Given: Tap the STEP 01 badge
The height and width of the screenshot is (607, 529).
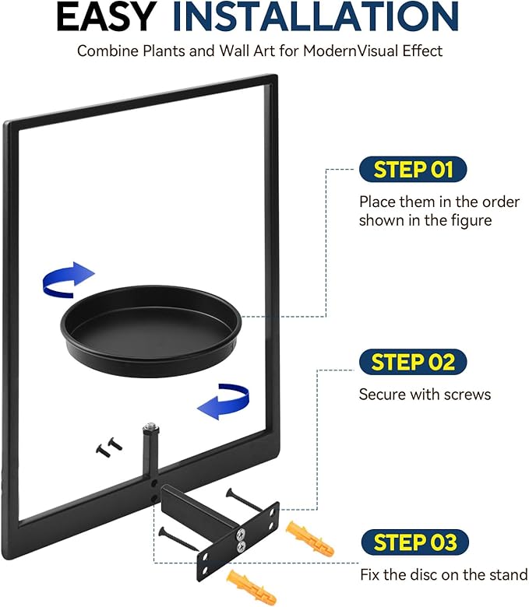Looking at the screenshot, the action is [x=413, y=169].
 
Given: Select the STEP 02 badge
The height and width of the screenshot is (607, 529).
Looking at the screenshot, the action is [x=413, y=362].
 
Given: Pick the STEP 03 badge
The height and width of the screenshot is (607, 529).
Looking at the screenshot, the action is [x=414, y=542].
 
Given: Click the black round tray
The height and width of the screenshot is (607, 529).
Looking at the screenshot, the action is [x=151, y=331].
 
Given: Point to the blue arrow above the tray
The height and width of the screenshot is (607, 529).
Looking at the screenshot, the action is [x=68, y=279].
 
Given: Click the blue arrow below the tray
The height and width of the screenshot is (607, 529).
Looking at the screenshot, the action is [x=224, y=402].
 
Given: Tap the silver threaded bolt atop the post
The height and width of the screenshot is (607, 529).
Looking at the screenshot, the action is [x=151, y=429].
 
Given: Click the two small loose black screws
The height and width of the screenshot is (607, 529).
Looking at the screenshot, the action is [x=109, y=447].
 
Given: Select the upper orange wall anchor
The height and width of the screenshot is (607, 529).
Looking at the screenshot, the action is [x=309, y=537].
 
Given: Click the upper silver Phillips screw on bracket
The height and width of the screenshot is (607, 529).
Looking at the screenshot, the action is [x=241, y=535].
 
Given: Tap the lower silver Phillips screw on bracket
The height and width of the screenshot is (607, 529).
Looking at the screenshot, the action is [x=241, y=546].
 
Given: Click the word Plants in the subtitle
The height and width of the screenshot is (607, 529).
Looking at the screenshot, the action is [x=164, y=51].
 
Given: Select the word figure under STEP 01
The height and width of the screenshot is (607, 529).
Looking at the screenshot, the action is [x=471, y=221].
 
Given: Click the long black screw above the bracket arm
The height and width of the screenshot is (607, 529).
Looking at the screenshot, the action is [x=245, y=500].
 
